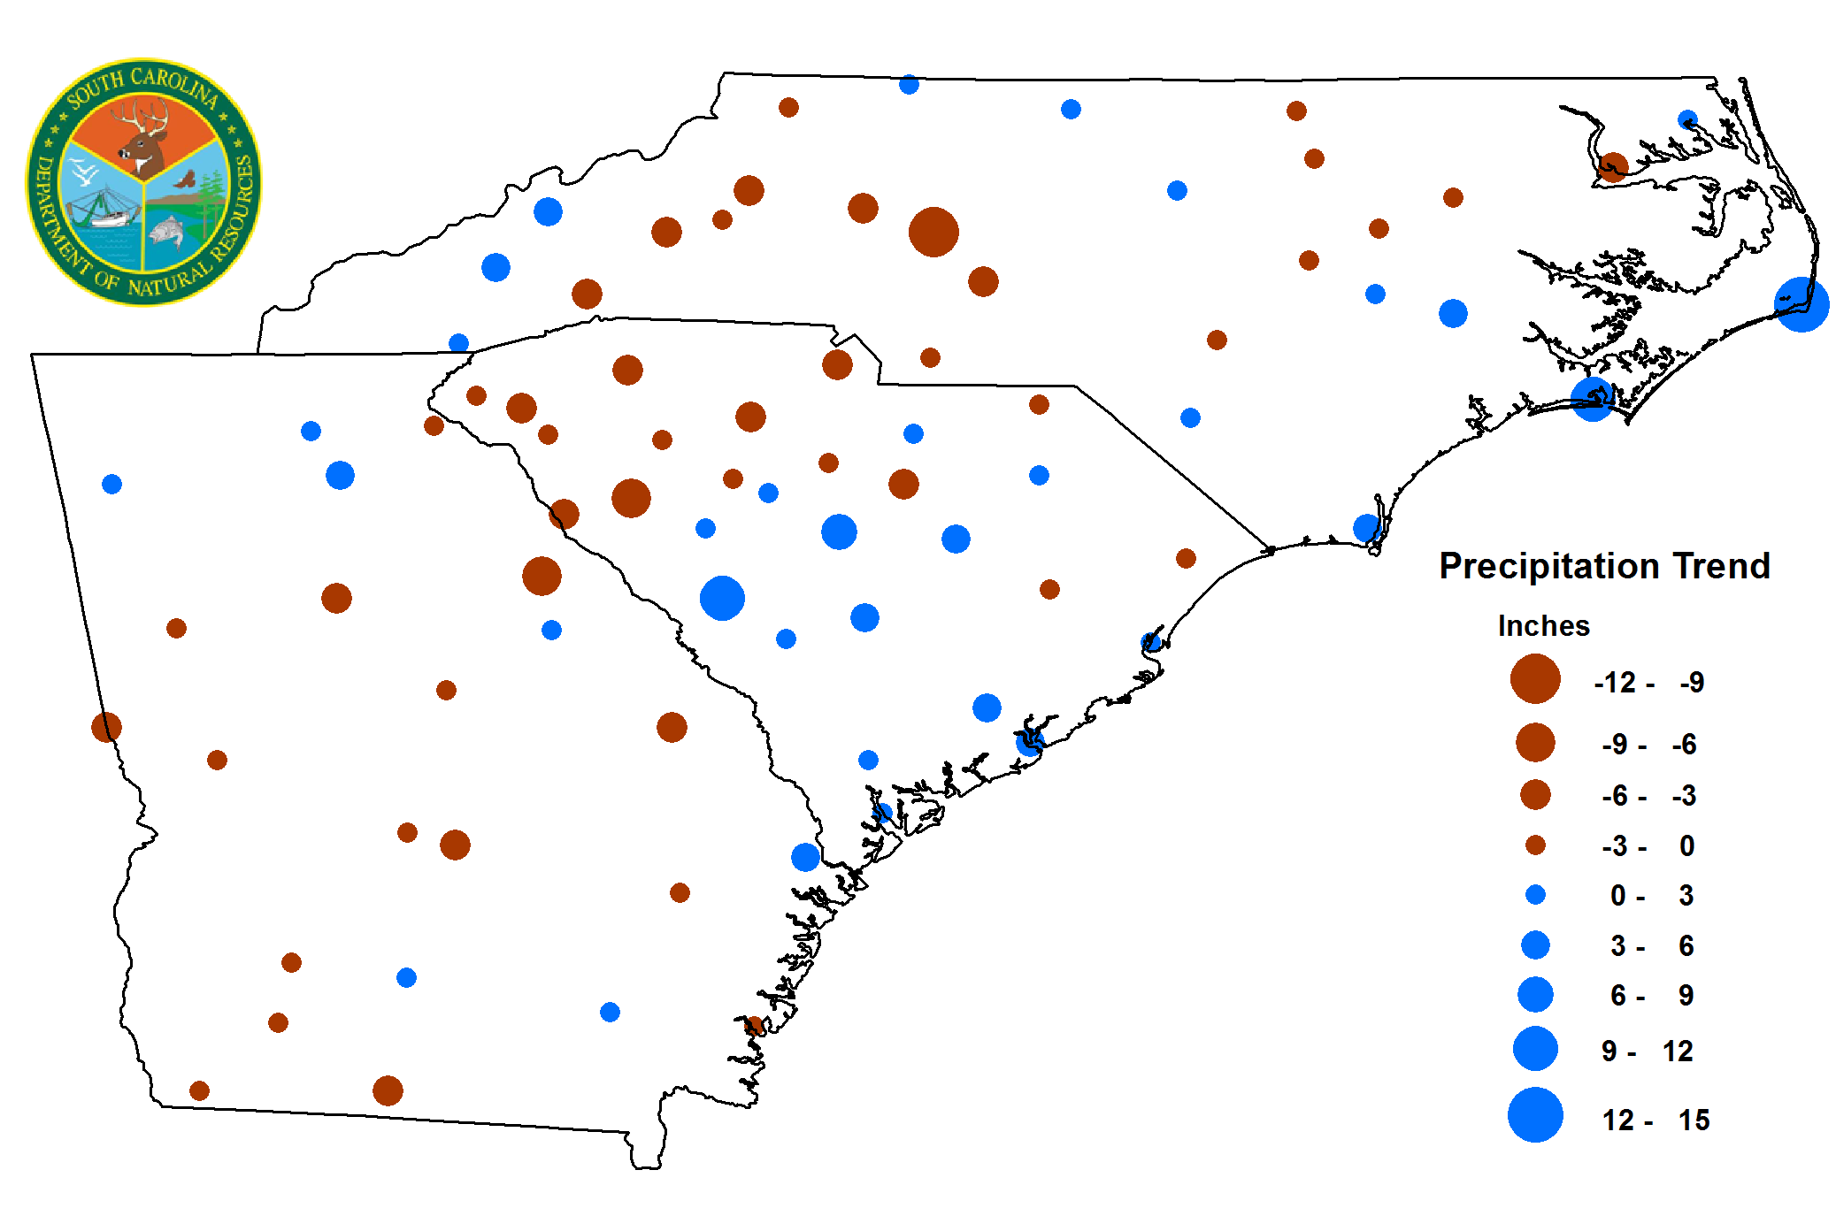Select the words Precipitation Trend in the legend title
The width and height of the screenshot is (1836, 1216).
click(x=1604, y=566)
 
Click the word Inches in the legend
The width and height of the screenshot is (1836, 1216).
click(x=1543, y=626)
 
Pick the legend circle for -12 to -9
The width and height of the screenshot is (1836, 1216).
click(x=1535, y=679)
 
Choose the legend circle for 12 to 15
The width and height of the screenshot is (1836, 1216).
click(x=1535, y=1115)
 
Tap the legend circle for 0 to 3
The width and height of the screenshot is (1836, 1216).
click(x=1535, y=895)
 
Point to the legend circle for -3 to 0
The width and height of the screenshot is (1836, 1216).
click(x=1535, y=845)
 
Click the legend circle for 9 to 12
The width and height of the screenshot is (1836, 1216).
click(x=1535, y=1049)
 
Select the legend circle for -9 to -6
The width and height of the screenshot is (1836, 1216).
click(x=1535, y=742)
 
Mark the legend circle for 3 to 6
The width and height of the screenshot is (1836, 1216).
click(x=1535, y=945)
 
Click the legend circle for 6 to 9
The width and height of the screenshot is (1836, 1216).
click(x=1535, y=994)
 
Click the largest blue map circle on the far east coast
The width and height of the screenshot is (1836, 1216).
click(x=1801, y=304)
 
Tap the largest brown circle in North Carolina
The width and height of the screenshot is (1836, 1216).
click(x=933, y=232)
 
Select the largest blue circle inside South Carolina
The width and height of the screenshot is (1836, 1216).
click(x=722, y=598)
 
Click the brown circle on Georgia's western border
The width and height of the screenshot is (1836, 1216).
click(x=106, y=727)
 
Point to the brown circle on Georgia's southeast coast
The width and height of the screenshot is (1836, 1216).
click(x=754, y=1025)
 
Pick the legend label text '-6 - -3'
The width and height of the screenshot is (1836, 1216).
click(x=1648, y=796)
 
